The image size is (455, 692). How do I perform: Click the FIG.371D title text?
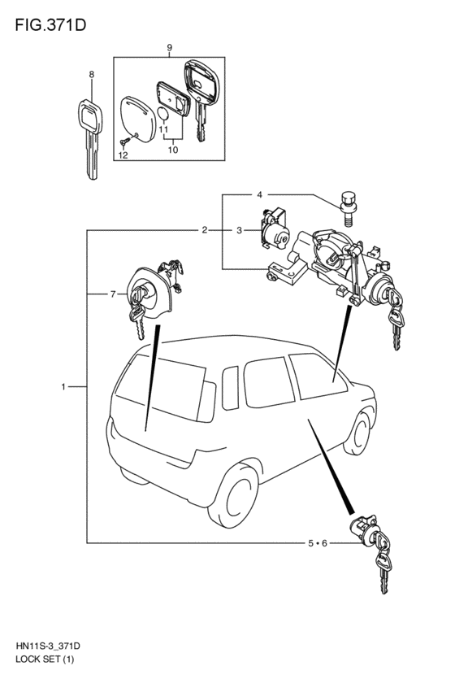(50, 25)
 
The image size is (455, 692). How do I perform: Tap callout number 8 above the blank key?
(92, 75)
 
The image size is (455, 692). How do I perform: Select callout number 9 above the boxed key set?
(170, 48)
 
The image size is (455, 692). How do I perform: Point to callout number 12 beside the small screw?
(123, 155)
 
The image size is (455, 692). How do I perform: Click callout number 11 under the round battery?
(163, 129)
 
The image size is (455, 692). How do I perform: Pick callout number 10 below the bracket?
(173, 150)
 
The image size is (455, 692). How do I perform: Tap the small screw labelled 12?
(125, 141)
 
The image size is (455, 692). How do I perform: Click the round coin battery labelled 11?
(163, 113)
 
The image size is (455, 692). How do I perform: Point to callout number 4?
(260, 194)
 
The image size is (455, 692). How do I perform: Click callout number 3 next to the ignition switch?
(239, 230)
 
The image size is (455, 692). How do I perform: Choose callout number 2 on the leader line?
(205, 230)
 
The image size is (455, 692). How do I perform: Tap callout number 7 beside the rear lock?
(113, 294)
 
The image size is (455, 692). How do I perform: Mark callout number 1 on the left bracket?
(63, 386)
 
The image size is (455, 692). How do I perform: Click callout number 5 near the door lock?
(311, 543)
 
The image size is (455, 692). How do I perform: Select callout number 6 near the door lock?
(324, 543)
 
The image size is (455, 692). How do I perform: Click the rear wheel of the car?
(233, 495)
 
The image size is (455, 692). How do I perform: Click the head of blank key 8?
(90, 116)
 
